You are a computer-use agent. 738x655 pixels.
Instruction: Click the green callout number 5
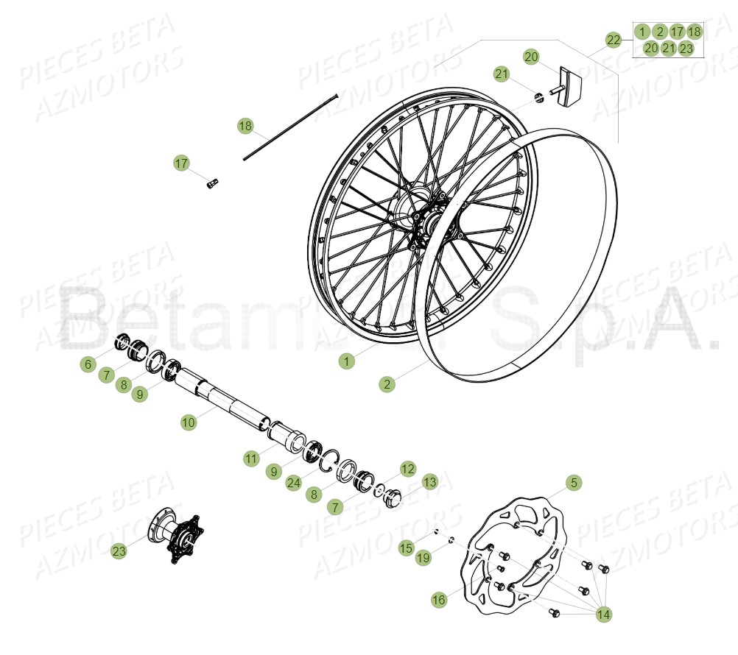click(574, 483)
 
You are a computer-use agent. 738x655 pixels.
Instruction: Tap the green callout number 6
click(88, 364)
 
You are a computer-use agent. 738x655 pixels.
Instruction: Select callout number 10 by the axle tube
click(189, 422)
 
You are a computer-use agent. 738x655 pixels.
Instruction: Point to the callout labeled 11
click(252, 458)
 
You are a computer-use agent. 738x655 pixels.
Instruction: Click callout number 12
click(408, 469)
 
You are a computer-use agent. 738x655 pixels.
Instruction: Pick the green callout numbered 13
click(429, 482)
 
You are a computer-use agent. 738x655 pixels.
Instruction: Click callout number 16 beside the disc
click(439, 601)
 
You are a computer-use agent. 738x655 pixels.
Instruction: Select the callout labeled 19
click(423, 558)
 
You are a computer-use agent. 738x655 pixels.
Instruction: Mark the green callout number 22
click(614, 40)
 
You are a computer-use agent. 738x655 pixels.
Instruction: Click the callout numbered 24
click(294, 483)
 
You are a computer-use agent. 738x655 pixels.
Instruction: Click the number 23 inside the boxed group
click(686, 49)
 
